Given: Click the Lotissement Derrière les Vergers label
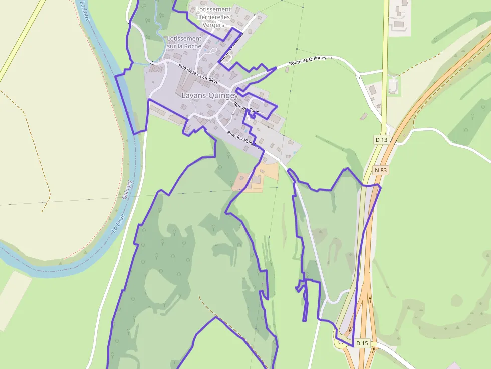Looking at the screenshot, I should (213, 17).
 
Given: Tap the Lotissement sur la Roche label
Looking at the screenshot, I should (184, 42).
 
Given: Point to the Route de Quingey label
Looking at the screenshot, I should (308, 61).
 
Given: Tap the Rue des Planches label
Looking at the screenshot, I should (244, 140).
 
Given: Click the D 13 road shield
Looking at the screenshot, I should (381, 139).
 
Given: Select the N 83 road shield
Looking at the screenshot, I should (381, 170).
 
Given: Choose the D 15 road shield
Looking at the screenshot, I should (362, 343).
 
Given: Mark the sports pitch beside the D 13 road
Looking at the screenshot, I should (394, 86).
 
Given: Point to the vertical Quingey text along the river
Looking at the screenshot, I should (126, 190).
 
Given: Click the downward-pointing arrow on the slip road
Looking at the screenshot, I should (370, 299).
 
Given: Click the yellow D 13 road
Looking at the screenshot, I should (385, 60).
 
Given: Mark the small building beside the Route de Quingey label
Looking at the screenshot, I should (287, 70).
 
